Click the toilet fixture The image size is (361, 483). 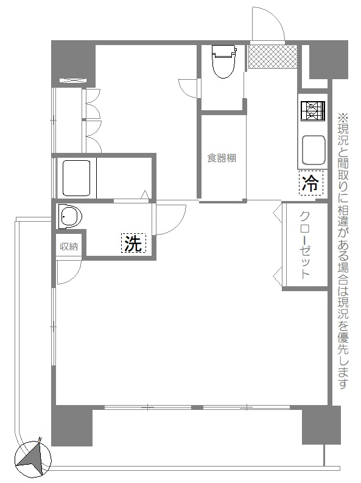click(224, 62)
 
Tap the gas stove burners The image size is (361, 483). click(313, 111)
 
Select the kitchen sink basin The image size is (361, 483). click(314, 150)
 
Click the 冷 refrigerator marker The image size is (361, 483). click(311, 183)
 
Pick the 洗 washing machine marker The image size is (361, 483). click(133, 243)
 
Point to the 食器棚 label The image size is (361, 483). click(222, 158)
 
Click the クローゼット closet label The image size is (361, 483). click(304, 245)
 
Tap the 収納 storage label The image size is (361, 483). click(69, 247)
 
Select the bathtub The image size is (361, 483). click(76, 178)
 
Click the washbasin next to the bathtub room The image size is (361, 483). click(71, 216)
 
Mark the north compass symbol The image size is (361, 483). click(33, 457)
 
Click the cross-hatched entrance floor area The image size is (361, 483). click(273, 57)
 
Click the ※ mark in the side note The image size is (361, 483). click(343, 117)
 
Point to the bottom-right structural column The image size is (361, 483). click(321, 425)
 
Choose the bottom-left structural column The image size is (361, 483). click(72, 425)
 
